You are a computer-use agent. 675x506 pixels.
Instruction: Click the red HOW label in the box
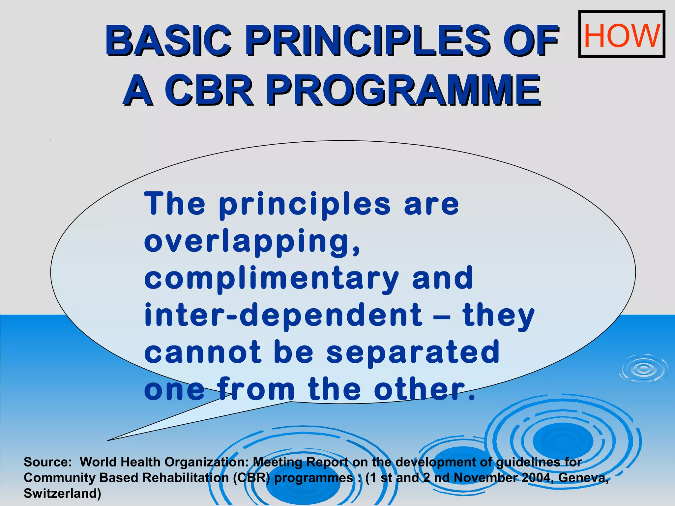point(622,35)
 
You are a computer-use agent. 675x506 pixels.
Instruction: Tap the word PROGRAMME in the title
point(403,90)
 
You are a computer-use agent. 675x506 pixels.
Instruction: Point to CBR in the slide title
point(209,90)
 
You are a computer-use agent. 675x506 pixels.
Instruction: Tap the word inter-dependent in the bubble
point(283,316)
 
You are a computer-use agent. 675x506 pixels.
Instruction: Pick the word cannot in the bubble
point(203,352)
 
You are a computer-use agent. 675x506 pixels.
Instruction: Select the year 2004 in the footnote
point(538,478)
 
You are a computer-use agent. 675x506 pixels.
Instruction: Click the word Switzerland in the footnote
point(62,493)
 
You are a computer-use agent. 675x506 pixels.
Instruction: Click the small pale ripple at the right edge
point(643,369)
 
